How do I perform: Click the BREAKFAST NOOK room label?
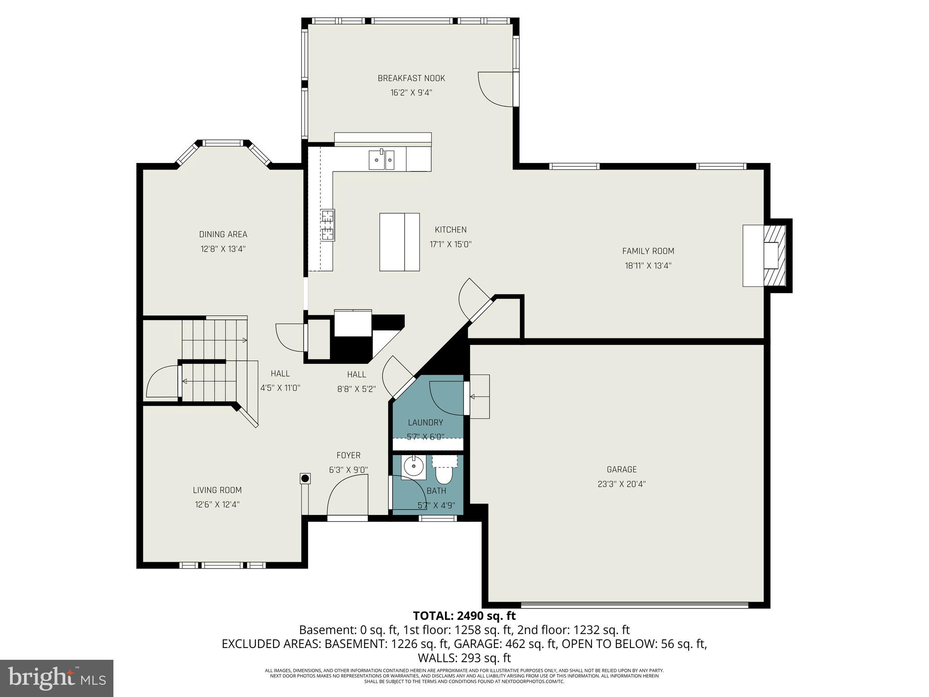[411, 78]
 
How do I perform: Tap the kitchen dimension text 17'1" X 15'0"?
[450, 244]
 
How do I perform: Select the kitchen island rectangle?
[399, 242]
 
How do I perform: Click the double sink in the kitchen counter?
[381, 160]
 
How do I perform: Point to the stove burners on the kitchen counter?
[328, 225]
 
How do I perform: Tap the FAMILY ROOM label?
[648, 251]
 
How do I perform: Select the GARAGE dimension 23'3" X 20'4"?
[621, 484]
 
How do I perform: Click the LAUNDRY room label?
[425, 422]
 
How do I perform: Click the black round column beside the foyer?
[305, 478]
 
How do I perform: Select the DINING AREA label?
[223, 234]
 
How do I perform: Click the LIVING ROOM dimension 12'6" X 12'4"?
[217, 505]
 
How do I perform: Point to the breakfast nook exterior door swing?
[497, 89]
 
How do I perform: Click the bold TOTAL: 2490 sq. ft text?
[464, 616]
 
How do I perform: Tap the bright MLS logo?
[57, 678]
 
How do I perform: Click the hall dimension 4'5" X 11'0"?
[280, 388]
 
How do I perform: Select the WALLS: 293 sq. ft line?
[464, 658]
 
